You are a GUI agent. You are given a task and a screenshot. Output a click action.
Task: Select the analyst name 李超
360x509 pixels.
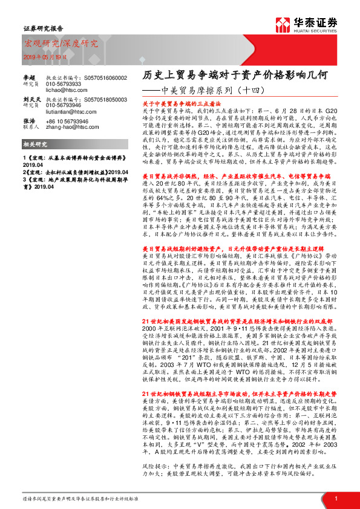point(29,78)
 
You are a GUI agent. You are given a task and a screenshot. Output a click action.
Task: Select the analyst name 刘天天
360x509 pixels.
point(31,97)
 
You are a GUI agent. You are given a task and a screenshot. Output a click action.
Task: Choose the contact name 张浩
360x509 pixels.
point(29,121)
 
